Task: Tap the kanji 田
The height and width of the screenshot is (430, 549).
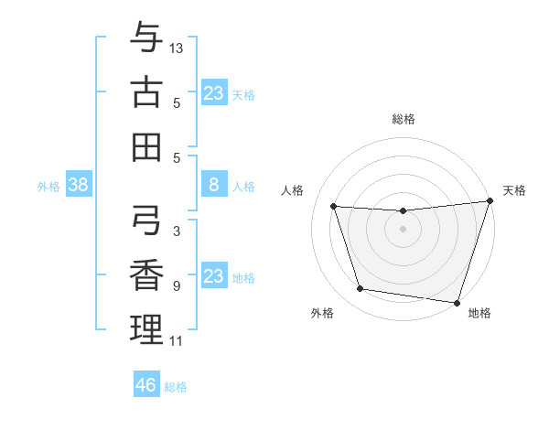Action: coord(147,145)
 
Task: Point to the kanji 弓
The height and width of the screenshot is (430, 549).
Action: coord(147,220)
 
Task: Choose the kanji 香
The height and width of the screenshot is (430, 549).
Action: coord(147,274)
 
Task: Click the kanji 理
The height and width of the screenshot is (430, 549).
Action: coord(147,328)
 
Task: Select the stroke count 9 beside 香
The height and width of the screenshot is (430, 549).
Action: coord(176,286)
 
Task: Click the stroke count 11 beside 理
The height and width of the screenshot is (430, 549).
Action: coord(176,341)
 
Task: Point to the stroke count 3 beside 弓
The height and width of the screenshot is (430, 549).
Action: coord(176,232)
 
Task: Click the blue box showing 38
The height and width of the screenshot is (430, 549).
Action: coord(79,186)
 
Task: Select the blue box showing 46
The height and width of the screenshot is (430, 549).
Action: coord(146,385)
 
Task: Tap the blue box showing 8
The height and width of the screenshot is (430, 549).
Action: coord(213,186)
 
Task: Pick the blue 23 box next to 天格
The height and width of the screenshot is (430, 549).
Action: coord(213,93)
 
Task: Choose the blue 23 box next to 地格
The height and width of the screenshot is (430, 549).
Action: coord(213,276)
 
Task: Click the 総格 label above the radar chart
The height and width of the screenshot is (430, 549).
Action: coord(403,119)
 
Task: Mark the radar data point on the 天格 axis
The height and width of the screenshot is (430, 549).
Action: coord(489,201)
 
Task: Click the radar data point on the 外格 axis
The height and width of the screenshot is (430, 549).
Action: coord(361,289)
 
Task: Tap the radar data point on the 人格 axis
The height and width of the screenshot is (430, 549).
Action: coord(334,207)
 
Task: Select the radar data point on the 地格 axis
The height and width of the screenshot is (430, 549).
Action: coord(457,302)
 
